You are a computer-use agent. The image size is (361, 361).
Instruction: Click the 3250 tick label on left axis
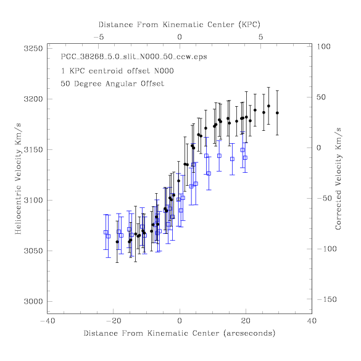point(33,49)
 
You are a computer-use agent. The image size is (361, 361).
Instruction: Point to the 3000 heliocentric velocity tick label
point(33,301)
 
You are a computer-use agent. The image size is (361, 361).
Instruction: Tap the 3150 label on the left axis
point(33,150)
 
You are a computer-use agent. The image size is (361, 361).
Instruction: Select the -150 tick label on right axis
point(327,299)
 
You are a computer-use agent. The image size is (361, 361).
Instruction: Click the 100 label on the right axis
point(324,46)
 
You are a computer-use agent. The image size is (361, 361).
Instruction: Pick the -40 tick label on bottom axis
point(48,321)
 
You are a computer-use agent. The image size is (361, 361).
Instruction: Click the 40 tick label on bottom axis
point(312,321)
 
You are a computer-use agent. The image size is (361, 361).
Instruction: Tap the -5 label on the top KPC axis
point(99,37)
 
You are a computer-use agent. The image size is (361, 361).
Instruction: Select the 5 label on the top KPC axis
point(260,37)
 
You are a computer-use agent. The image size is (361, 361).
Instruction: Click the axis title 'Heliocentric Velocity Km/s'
point(18,179)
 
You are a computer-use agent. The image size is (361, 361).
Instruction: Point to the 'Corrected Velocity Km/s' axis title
point(338,179)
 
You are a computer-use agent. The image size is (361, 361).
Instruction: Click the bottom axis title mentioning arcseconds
point(180,333)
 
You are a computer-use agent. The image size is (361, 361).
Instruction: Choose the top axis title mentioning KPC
point(180,25)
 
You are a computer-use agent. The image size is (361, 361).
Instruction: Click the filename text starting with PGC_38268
point(134,57)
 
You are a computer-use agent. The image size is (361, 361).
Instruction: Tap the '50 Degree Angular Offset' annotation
point(112,83)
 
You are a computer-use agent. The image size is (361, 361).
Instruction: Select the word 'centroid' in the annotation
point(106,71)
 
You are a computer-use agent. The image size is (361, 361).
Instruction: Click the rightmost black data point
point(278,113)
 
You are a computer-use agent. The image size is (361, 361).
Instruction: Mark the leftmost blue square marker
point(106,232)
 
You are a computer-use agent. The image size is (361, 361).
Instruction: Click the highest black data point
point(268,106)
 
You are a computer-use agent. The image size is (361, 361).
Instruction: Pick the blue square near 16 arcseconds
point(232,159)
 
